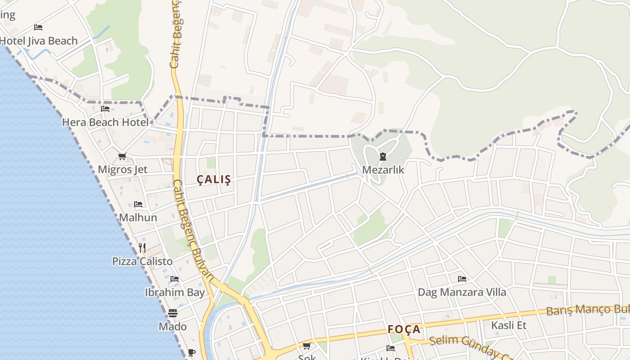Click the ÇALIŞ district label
tap(214, 180)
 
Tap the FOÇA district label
tap(404, 329)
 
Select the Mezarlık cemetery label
tap(383, 170)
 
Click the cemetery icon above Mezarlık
tap(382, 157)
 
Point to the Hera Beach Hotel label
tap(105, 122)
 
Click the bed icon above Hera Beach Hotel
tap(105, 108)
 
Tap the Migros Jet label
tap(122, 170)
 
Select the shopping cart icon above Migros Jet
tap(122, 157)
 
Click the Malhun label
tap(138, 218)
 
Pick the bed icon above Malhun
tap(138, 204)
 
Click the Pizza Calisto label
tap(142, 261)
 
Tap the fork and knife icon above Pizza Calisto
tap(142, 247)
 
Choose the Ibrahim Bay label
tap(175, 292)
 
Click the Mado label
tap(172, 326)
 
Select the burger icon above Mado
tap(173, 313)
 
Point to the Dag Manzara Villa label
tap(462, 292)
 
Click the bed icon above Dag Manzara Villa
tap(462, 279)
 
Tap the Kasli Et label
tap(508, 325)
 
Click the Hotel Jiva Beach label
tap(39, 41)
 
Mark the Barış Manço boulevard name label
tap(587, 310)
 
